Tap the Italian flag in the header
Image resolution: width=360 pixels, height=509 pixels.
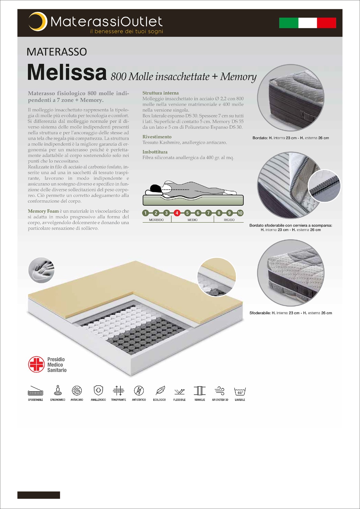[307, 23]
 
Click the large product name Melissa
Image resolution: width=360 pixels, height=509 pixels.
[67, 73]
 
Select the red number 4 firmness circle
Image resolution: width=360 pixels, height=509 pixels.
[177, 213]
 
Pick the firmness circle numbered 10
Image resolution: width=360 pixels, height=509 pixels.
[240, 213]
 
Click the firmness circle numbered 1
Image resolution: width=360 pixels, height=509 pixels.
[145, 213]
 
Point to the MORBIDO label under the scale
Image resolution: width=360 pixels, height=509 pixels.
[156, 220]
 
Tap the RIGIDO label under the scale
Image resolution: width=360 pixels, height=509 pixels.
[229, 220]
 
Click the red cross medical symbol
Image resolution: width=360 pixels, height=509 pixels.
[36, 365]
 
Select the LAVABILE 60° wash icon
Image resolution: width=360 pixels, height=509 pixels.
[240, 391]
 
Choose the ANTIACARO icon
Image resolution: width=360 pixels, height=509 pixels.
[77, 391]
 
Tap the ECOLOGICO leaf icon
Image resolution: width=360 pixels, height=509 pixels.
[159, 391]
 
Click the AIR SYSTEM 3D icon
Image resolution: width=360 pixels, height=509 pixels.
[220, 391]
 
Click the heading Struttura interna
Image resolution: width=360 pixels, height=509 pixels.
[160, 93]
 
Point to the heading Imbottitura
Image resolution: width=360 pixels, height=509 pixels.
[155, 152]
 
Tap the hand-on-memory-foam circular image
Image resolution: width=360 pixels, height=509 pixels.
[41, 270]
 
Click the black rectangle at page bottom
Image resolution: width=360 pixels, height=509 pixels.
[39, 495]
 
